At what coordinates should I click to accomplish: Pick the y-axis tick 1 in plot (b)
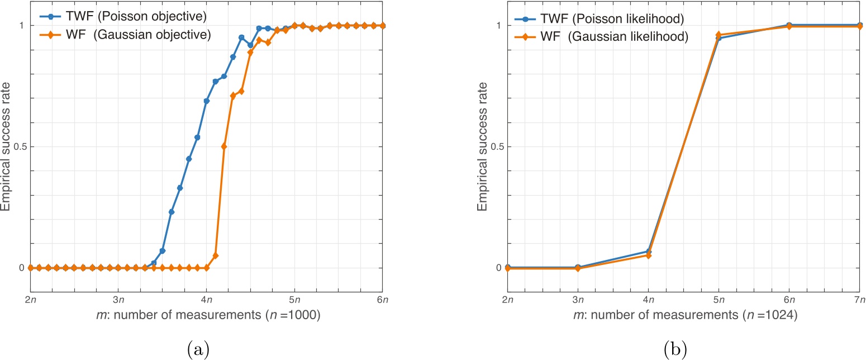point(501,26)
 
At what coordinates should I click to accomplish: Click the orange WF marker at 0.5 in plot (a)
point(224,146)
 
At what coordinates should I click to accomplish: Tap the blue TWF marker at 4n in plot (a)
point(207,101)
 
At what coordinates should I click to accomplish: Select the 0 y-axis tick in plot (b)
point(501,268)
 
